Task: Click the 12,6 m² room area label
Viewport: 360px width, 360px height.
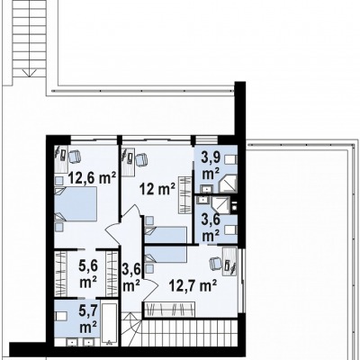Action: [x=92, y=178]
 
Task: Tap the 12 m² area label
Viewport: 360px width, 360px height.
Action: [x=157, y=189]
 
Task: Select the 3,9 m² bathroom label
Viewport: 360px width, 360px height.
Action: [x=211, y=166]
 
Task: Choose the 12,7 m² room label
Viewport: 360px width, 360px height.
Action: [x=193, y=285]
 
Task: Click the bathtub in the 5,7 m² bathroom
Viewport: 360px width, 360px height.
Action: [x=109, y=325]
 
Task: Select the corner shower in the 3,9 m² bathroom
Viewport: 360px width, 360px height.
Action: [x=228, y=184]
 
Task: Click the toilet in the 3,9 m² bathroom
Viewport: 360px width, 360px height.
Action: [x=231, y=159]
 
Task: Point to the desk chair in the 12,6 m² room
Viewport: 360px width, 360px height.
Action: [x=75, y=157]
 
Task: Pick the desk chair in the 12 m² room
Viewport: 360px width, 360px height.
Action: [x=141, y=159]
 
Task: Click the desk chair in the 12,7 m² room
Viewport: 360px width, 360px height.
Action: [x=215, y=263]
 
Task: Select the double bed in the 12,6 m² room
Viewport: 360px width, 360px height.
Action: [x=76, y=204]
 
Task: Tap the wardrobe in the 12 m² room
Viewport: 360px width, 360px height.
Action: [x=184, y=195]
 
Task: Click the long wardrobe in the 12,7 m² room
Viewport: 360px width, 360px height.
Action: [x=170, y=309]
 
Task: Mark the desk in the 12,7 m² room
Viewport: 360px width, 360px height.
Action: [x=229, y=261]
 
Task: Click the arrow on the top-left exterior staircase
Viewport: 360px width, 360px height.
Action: [x=30, y=73]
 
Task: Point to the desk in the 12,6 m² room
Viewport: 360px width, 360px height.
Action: [x=61, y=159]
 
